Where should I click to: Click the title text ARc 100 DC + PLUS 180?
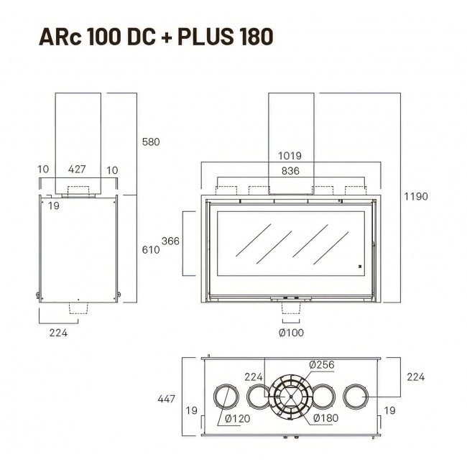pyautogui.click(x=156, y=37)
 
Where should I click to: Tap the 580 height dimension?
pyautogui.click(x=151, y=142)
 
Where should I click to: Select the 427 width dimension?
pyautogui.click(x=77, y=169)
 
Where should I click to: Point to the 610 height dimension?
pyautogui.click(x=151, y=249)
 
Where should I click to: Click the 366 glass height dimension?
pyautogui.click(x=170, y=241)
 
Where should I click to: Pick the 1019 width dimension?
pyautogui.click(x=290, y=155)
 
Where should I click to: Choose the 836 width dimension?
pyautogui.click(x=290, y=171)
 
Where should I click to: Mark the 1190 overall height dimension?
pyautogui.click(x=416, y=196)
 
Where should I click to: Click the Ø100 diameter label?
pyautogui.click(x=291, y=333)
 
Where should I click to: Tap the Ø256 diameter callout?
pyautogui.click(x=322, y=364)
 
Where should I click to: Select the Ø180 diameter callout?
pyautogui.click(x=326, y=418)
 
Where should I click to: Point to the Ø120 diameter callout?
pyautogui.click(x=237, y=418)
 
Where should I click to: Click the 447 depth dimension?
pyautogui.click(x=166, y=399)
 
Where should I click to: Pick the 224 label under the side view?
pyautogui.click(x=58, y=333)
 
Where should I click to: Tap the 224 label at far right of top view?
pyautogui.click(x=415, y=377)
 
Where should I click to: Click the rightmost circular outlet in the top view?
pyautogui.click(x=356, y=397)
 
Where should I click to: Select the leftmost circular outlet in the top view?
pyautogui.click(x=226, y=397)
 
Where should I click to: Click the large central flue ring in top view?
pyautogui.click(x=291, y=397)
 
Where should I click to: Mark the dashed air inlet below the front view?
pyautogui.click(x=291, y=308)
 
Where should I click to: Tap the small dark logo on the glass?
pyautogui.click(x=359, y=267)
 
